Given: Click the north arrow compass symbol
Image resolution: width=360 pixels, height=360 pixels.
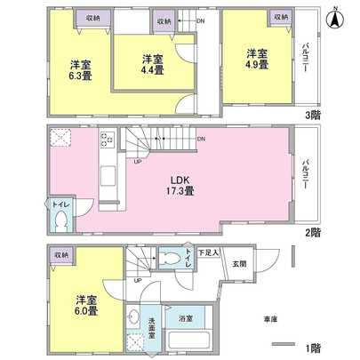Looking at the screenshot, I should tap(334, 17).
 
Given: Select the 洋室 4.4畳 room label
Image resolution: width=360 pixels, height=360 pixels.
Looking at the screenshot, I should tap(152, 65).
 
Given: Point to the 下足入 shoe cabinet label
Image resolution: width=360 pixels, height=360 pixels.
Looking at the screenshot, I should tap(209, 253).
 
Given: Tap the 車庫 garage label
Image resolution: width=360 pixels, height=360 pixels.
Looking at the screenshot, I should tap(269, 317).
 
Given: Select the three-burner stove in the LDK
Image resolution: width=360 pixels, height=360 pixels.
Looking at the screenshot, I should tap(106, 140).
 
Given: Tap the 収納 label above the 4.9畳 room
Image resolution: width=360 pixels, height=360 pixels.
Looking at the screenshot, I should tap(281, 18).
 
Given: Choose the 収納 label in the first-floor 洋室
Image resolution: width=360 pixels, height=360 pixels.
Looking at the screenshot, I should tap(60, 255).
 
